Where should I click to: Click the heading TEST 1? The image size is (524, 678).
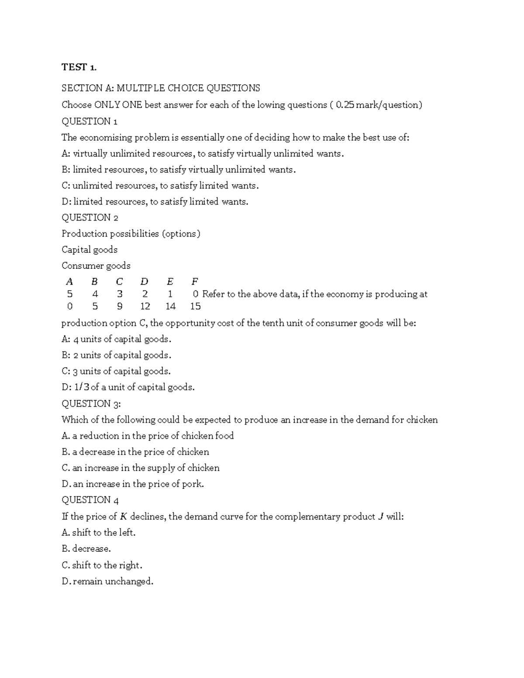coord(79,67)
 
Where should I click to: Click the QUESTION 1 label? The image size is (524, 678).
coord(89,121)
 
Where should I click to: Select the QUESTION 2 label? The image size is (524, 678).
coord(90,217)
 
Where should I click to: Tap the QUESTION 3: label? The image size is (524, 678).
coord(91,403)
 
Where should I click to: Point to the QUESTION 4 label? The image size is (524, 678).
coord(90,500)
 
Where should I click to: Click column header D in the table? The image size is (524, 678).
coord(145,282)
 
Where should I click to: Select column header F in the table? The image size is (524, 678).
coord(195,282)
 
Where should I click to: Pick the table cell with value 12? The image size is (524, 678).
coord(145,306)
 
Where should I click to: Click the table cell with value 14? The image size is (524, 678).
coord(170,306)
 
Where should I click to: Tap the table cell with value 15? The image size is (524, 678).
coord(195,306)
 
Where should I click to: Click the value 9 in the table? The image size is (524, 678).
coord(120,306)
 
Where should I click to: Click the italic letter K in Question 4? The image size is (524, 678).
coord(123,516)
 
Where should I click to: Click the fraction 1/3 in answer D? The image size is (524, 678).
coord(82,387)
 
